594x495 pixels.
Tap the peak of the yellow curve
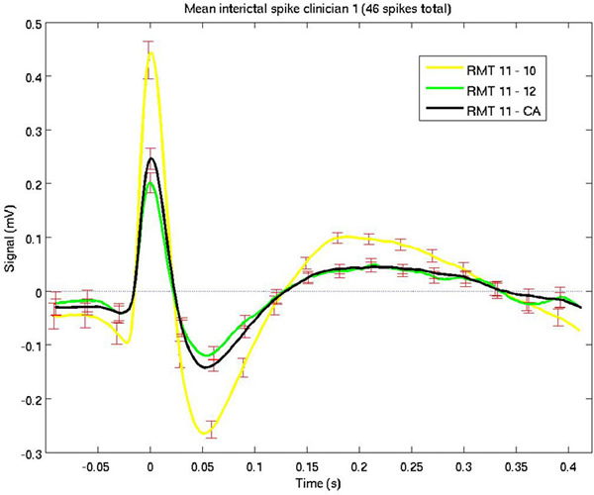pos(150,52)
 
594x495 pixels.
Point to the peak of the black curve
pos(150,158)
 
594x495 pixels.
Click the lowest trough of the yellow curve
pos(204,434)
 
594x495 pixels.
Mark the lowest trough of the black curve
pos(206,367)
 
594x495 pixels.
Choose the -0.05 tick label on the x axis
pos(95,463)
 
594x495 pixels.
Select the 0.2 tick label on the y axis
pos(23,184)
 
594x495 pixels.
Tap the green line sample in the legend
pos(446,93)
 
